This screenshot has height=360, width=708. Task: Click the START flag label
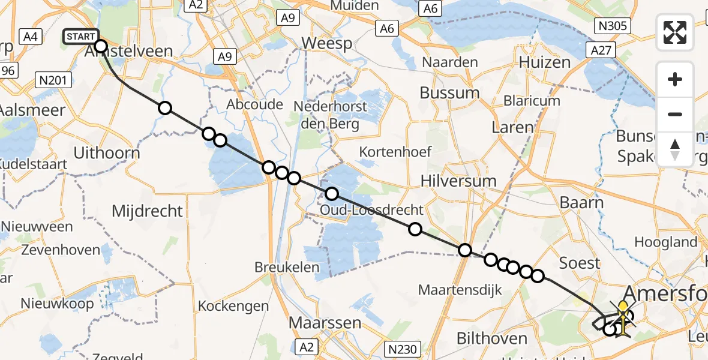click(80, 37)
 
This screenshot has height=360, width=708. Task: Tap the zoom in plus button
click(675, 80)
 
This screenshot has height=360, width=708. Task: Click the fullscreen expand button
click(675, 32)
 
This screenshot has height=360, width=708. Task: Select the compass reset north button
click(675, 149)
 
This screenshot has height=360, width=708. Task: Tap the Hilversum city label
click(458, 181)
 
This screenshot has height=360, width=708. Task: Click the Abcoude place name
click(254, 104)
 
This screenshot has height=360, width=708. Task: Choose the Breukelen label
click(287, 267)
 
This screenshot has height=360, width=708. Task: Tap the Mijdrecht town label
click(147, 211)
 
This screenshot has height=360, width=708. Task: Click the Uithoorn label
click(106, 153)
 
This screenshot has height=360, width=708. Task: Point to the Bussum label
click(449, 93)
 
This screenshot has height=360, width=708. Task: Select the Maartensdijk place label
click(460, 290)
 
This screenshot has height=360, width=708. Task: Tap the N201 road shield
click(53, 79)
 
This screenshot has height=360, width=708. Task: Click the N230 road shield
click(404, 347)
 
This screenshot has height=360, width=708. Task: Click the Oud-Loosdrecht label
click(371, 210)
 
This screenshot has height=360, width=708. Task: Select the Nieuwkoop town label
click(57, 304)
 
